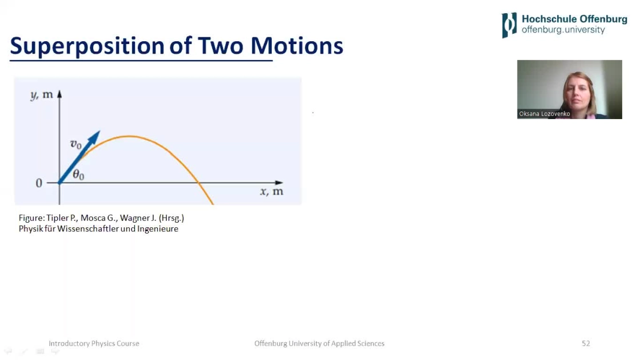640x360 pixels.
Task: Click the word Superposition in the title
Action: (x=88, y=46)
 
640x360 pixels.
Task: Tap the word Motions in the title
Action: (x=297, y=45)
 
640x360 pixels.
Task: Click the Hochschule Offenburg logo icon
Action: (x=509, y=25)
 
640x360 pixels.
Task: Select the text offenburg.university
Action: (x=563, y=30)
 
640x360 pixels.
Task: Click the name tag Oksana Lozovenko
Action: (x=544, y=113)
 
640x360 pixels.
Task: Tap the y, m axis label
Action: (x=42, y=95)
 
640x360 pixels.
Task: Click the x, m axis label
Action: (x=272, y=191)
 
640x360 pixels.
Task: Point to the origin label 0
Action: (x=39, y=183)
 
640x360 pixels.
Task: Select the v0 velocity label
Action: (x=76, y=144)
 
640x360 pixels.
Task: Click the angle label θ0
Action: (x=78, y=175)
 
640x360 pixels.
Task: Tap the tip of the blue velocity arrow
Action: (x=100, y=131)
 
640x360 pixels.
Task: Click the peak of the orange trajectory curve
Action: (x=129, y=136)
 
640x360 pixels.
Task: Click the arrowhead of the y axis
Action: (x=59, y=94)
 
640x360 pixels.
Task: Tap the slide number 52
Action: (x=586, y=343)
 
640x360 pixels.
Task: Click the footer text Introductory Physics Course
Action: (x=94, y=343)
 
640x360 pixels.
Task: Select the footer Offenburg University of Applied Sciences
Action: (x=319, y=343)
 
